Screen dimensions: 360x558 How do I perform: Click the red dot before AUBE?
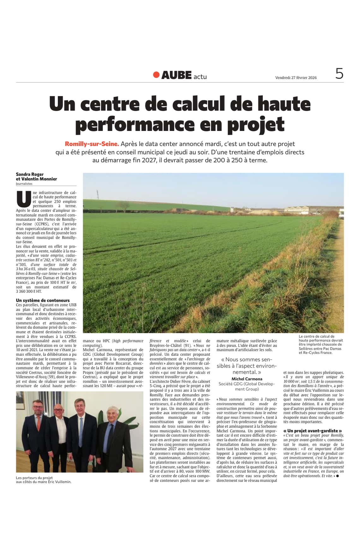156,75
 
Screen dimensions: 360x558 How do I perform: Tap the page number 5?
339,74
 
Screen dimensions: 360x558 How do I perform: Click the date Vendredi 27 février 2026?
296,78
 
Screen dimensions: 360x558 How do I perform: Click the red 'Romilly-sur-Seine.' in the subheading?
92,144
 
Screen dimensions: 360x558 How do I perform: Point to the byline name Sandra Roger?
30,174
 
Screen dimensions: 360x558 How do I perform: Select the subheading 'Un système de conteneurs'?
43,300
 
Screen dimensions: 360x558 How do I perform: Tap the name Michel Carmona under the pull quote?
247,379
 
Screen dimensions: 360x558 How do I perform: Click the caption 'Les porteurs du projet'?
34,478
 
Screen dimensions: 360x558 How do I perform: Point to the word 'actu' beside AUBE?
200,76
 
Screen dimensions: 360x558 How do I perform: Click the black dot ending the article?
337,476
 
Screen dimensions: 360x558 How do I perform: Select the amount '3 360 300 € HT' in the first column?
29,292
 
